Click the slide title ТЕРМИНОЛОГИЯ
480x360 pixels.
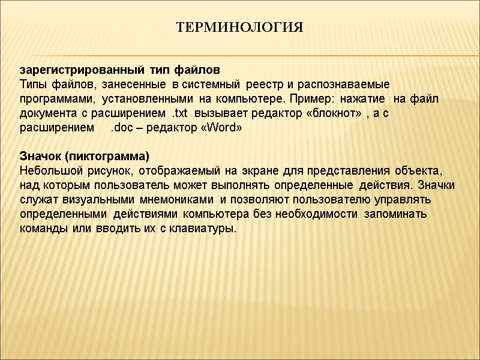coord(240,28)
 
